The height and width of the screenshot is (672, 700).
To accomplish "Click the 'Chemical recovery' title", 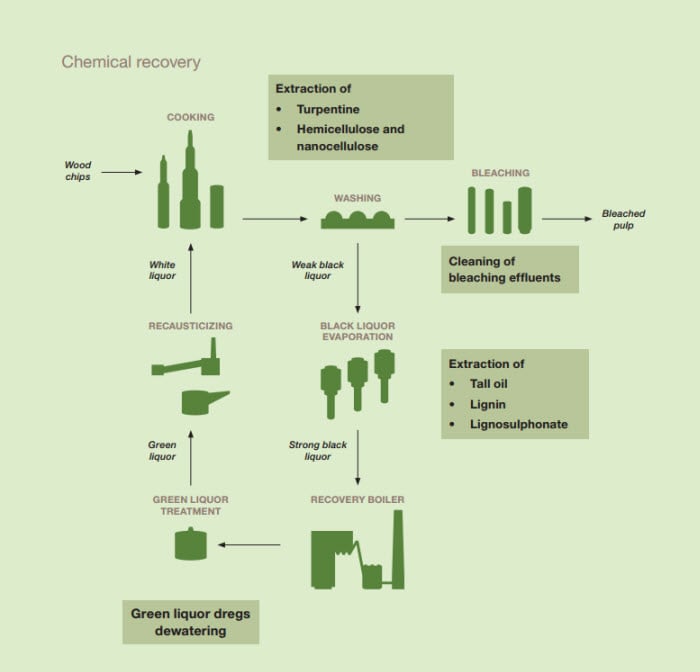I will [131, 62].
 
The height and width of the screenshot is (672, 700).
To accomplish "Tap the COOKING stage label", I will [190, 117].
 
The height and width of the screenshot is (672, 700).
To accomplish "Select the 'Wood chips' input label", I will [78, 171].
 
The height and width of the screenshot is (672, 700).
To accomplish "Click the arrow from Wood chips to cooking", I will [122, 172].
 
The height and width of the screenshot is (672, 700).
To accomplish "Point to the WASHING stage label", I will [357, 198].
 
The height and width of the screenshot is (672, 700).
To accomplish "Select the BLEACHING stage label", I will [500, 173].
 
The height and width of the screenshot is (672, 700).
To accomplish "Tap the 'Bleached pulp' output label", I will [623, 219].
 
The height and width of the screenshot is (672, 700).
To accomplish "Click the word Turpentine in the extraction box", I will [327, 109].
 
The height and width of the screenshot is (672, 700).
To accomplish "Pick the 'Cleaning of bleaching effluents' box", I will [510, 269].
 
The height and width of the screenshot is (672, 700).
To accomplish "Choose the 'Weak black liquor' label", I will [317, 270].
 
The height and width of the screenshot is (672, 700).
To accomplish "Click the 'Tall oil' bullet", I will [490, 384].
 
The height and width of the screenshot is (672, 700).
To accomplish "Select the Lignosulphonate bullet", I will [518, 424].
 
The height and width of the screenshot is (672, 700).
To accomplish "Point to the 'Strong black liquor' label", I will [317, 450].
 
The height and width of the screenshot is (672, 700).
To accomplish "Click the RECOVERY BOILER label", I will [357, 499].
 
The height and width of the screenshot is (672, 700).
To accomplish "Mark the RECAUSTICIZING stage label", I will [190, 326].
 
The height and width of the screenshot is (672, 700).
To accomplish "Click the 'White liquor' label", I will [162, 270].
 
